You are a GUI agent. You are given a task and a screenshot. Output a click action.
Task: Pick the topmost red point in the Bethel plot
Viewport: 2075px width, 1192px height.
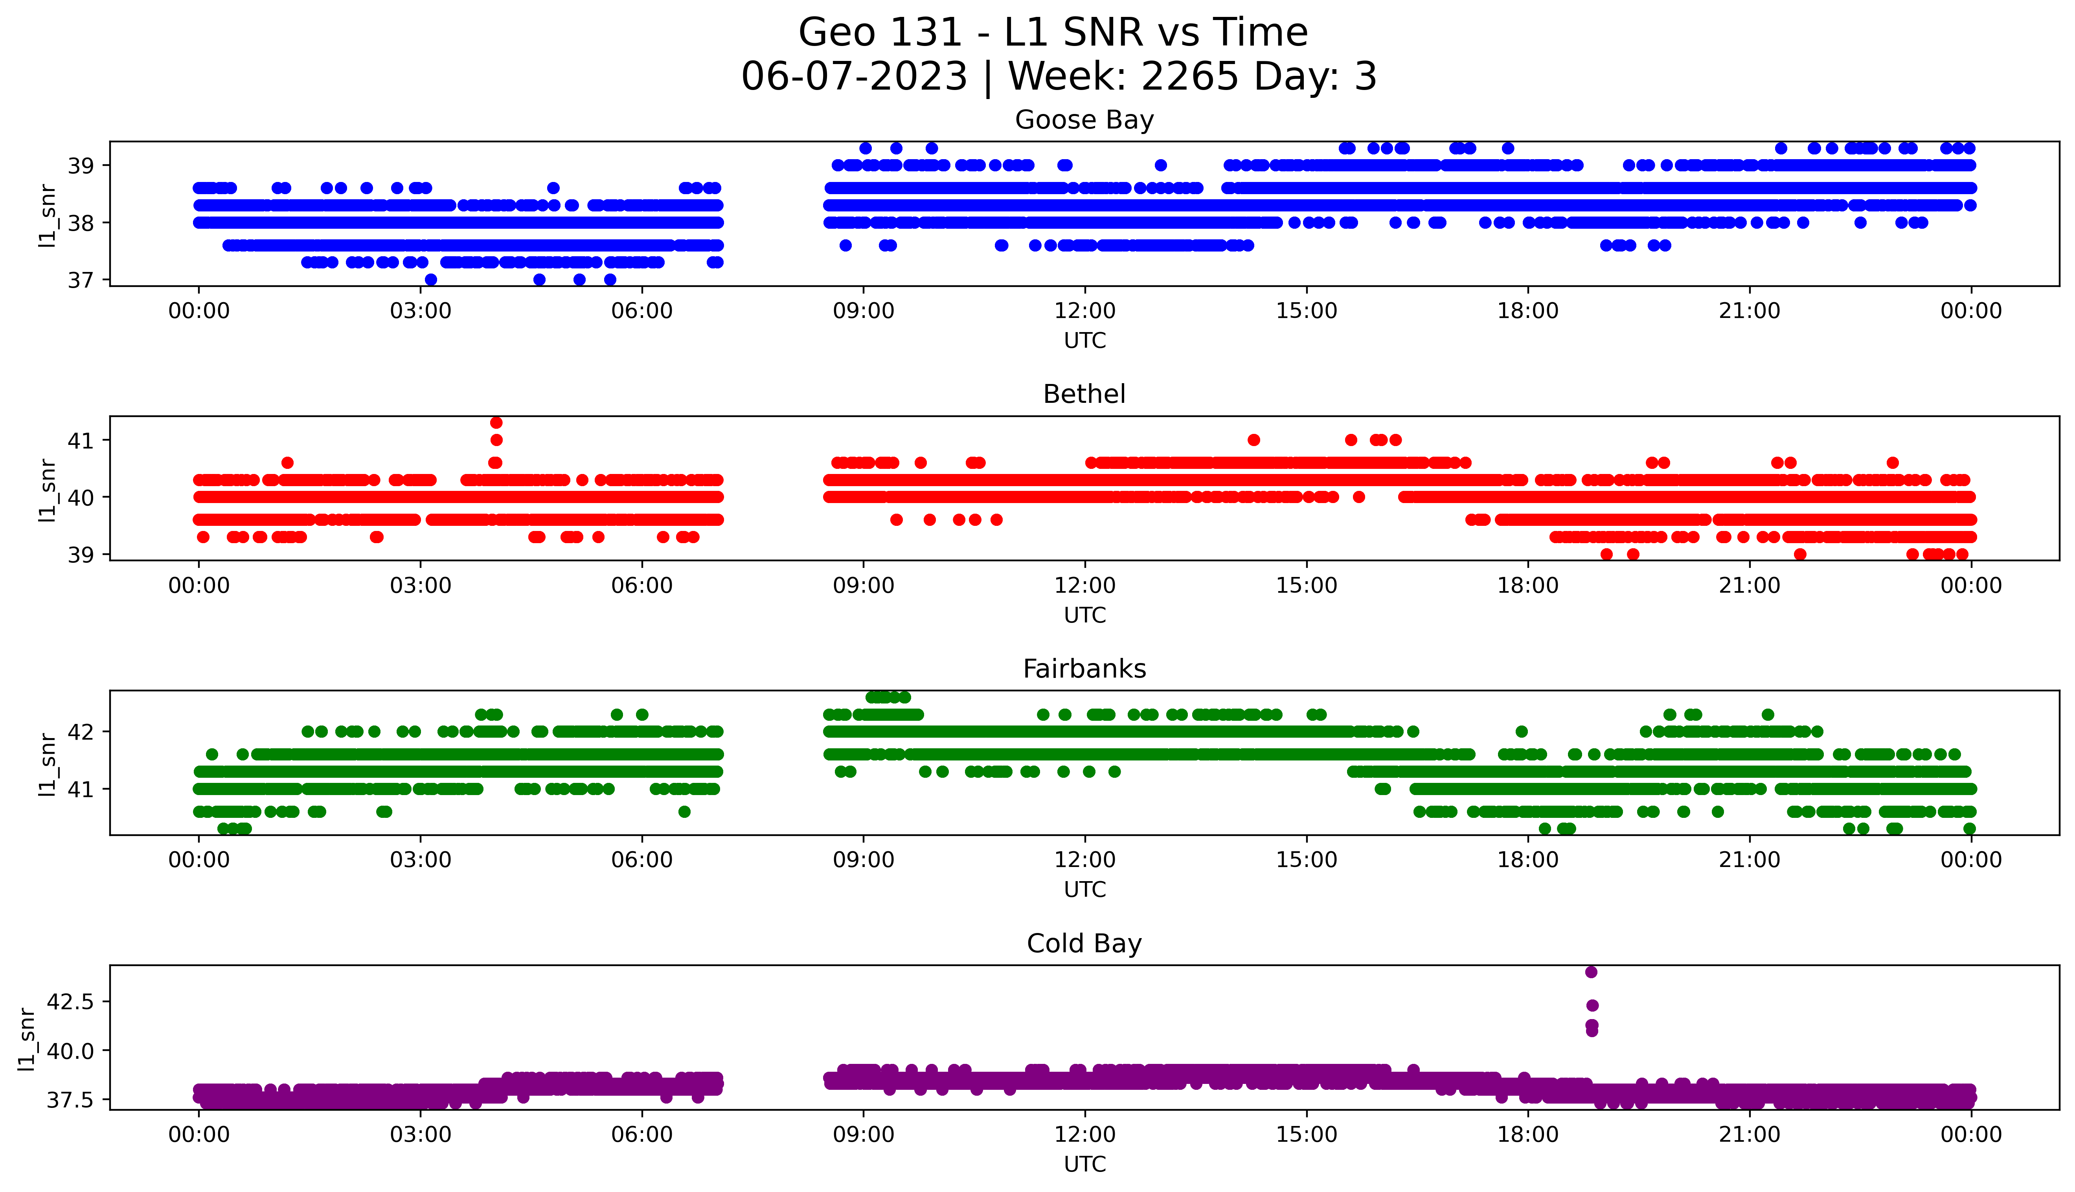point(496,422)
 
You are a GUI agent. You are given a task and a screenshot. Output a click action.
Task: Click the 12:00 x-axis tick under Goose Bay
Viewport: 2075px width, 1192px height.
point(1084,311)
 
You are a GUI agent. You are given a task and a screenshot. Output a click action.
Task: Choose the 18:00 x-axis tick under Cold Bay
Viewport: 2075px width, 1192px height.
point(1527,1135)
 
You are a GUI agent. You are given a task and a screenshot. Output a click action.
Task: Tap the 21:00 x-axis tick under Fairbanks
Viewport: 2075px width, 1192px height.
point(1749,860)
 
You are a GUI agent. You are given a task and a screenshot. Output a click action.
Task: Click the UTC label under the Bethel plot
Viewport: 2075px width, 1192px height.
point(1084,615)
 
